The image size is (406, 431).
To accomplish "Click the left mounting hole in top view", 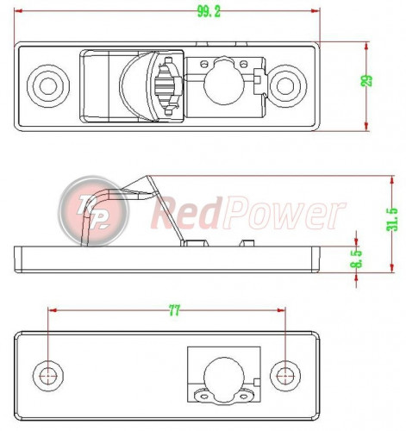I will click(45, 84).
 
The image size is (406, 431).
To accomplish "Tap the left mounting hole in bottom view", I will click(49, 374).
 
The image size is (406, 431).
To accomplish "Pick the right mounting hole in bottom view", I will click(285, 374).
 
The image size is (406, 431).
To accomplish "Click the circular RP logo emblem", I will click(91, 210).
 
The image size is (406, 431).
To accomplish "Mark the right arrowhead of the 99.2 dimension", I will click(315, 10).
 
